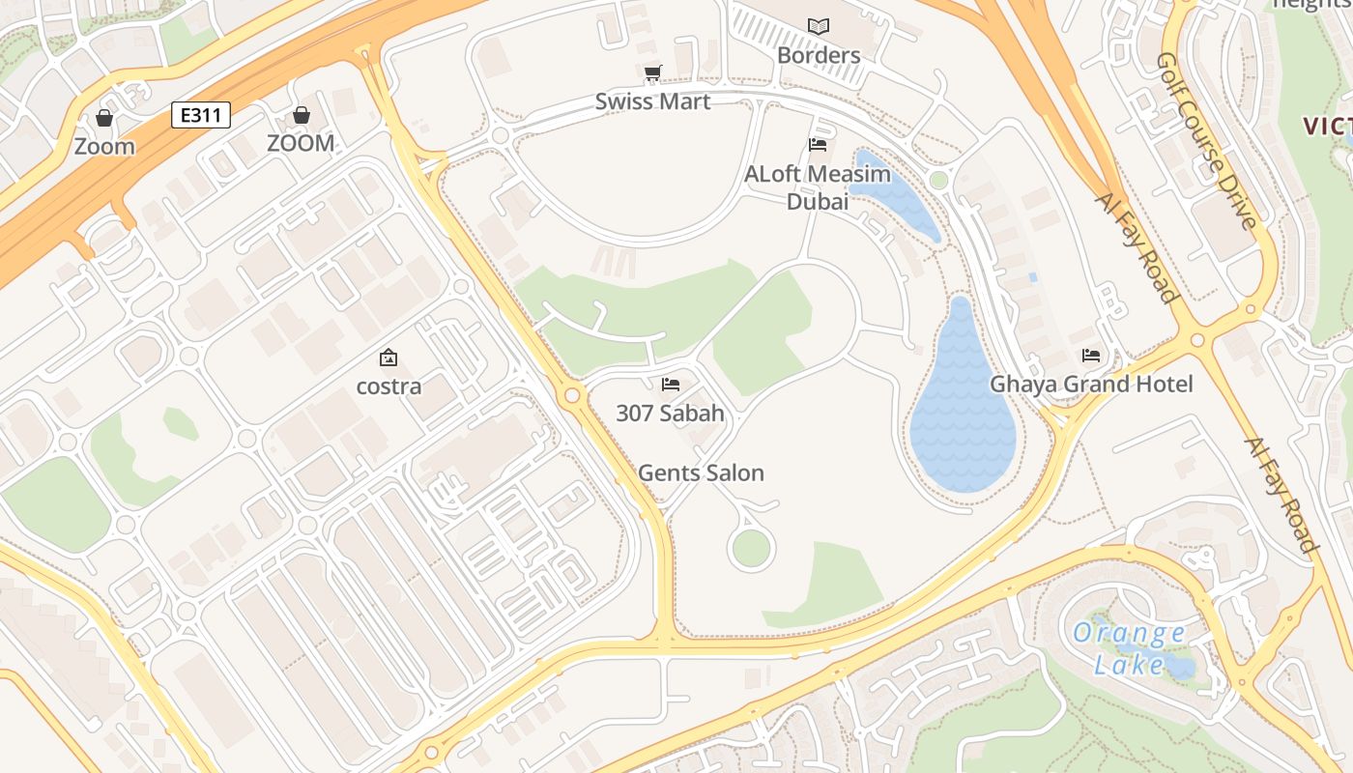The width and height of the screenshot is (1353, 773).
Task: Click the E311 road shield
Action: click(202, 116)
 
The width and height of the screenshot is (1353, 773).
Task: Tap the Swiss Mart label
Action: click(652, 101)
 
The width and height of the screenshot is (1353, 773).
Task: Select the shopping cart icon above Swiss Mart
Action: click(652, 73)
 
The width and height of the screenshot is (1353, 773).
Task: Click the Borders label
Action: click(819, 55)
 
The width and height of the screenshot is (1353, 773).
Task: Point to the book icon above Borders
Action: click(819, 26)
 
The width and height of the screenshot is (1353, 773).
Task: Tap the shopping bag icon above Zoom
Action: click(104, 118)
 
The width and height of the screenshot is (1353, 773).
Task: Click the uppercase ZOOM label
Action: click(301, 143)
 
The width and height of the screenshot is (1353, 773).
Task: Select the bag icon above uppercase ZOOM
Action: click(302, 116)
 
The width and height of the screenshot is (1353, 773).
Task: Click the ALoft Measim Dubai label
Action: click(818, 187)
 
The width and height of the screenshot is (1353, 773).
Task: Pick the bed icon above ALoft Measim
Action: click(818, 145)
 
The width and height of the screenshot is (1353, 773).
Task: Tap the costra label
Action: click(389, 386)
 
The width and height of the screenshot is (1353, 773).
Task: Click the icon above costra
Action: click(389, 358)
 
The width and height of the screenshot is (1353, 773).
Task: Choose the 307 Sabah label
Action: click(670, 414)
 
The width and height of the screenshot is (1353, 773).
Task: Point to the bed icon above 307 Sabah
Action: click(671, 385)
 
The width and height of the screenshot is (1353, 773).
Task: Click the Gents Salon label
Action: click(701, 472)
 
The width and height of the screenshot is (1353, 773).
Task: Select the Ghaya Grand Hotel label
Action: click(1091, 385)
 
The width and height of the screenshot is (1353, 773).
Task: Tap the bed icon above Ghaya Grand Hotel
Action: click(1091, 356)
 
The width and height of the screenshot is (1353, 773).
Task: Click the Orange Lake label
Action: click(1129, 648)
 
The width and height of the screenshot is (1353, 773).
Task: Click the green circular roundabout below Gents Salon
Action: click(751, 549)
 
